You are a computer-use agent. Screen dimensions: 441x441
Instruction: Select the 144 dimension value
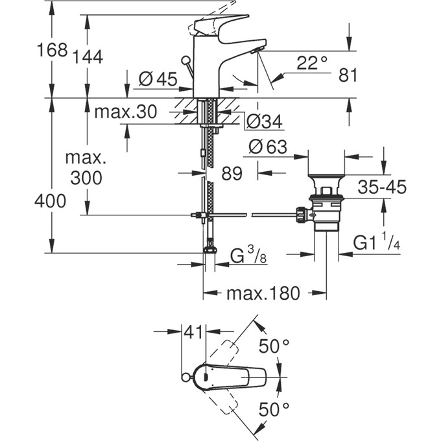pyautogui.click(x=88, y=57)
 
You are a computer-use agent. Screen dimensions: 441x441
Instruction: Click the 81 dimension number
pyautogui.click(x=348, y=75)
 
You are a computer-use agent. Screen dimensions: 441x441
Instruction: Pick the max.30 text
pyautogui.click(x=125, y=112)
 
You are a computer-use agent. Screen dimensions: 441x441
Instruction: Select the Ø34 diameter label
pyautogui.click(x=264, y=120)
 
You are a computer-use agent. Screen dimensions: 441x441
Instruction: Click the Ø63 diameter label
pyautogui.click(x=267, y=147)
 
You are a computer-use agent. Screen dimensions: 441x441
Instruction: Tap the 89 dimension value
pyautogui.click(x=232, y=174)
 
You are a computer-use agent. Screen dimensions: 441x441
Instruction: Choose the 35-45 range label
pyautogui.click(x=382, y=187)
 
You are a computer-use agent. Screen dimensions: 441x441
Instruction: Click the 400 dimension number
pyautogui.click(x=51, y=201)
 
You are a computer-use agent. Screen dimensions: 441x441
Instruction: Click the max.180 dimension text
pyautogui.click(x=263, y=294)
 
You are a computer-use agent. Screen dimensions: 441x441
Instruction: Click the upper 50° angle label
pyautogui.click(x=274, y=346)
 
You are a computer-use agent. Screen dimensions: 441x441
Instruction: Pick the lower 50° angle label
pyautogui.click(x=274, y=410)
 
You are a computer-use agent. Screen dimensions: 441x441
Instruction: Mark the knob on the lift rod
pyautogui.click(x=186, y=62)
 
